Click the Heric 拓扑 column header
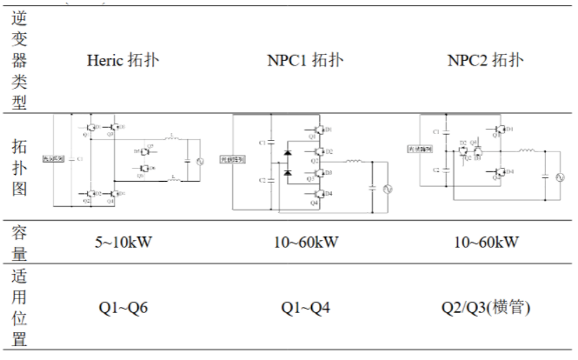(x=123, y=60)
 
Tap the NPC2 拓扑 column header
(x=485, y=60)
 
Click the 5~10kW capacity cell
(x=123, y=241)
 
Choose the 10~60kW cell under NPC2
(x=485, y=241)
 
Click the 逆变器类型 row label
(x=22, y=60)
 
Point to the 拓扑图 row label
(x=22, y=165)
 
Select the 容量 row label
(x=22, y=242)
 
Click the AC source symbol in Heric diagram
(x=196, y=162)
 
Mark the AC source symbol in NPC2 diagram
(x=546, y=176)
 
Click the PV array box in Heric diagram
(x=53, y=160)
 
